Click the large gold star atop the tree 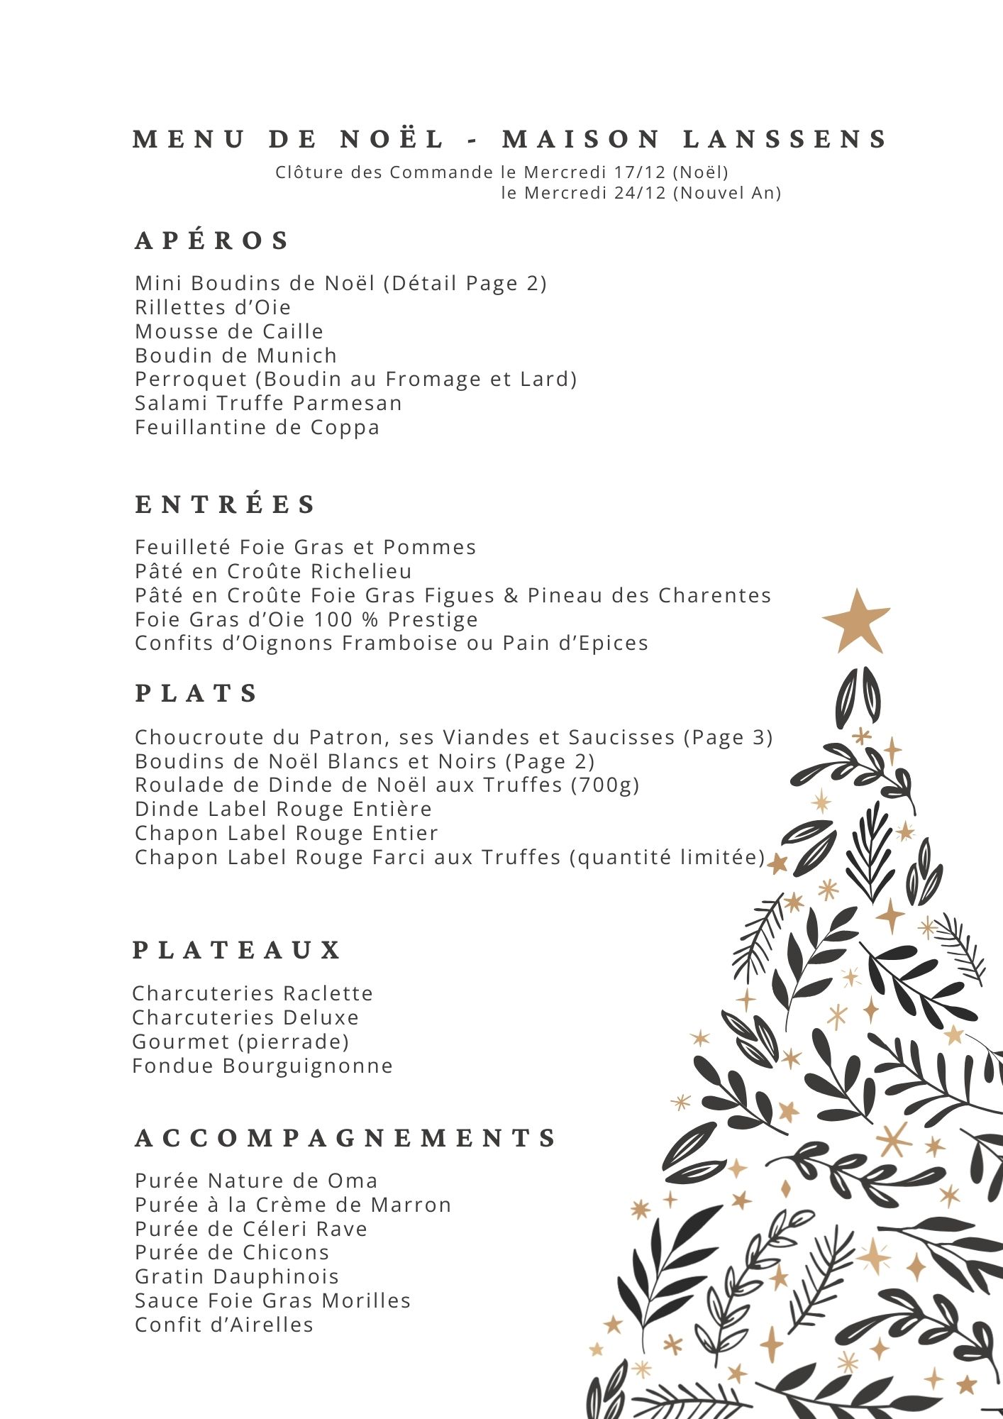(857, 622)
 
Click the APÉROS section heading (212, 241)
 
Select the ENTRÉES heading (226, 504)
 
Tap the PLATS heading (196, 693)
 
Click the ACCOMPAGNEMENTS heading (346, 1138)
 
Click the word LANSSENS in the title (785, 139)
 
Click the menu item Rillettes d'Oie (213, 307)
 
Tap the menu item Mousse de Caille (229, 331)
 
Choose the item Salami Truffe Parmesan (268, 403)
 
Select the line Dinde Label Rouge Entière (283, 809)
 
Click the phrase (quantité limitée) (667, 857)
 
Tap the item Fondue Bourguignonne (262, 1066)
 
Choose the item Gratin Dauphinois (237, 1276)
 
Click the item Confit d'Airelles (224, 1325)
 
